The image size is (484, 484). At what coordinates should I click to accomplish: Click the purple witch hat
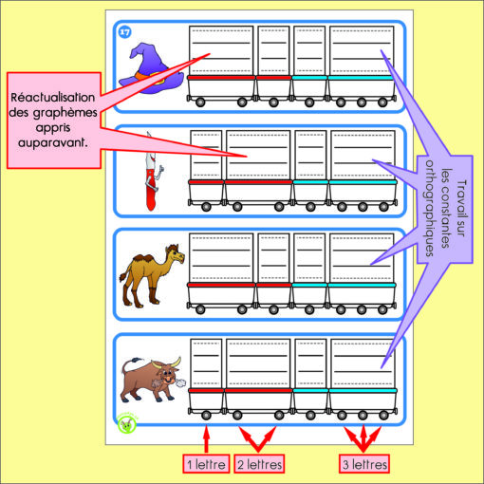tap(151, 71)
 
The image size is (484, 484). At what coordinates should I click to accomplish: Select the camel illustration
tap(152, 276)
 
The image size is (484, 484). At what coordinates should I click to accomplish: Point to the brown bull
tap(151, 380)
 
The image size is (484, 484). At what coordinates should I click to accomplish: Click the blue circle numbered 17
tap(125, 32)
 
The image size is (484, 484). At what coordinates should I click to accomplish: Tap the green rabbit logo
tap(126, 425)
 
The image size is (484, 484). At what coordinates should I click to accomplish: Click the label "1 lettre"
tap(206, 464)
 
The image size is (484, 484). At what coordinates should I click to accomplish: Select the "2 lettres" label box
tap(259, 464)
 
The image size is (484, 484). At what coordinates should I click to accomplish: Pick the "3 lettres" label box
tap(364, 464)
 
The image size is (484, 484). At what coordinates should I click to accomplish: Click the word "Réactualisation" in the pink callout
tap(53, 98)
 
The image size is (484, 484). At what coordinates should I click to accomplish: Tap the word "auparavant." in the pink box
tap(52, 143)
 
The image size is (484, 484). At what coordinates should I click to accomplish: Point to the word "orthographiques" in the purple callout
tap(429, 208)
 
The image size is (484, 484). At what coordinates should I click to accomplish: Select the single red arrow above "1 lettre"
tap(206, 439)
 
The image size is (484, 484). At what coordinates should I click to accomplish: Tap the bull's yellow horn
tap(177, 363)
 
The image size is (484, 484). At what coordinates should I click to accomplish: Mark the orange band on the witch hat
tap(149, 77)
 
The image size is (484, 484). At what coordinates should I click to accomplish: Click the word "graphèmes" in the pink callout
tap(65, 113)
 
